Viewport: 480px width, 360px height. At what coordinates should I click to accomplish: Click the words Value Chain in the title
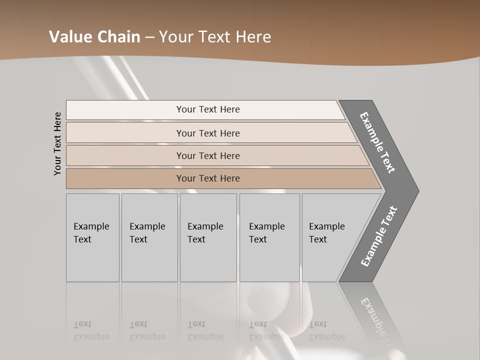coord(94,37)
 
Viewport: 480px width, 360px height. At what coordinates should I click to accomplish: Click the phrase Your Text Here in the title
coord(215,37)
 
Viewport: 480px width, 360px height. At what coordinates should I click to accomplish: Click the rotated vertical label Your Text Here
coord(57,143)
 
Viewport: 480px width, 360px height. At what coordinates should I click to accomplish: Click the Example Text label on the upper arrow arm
coord(377,142)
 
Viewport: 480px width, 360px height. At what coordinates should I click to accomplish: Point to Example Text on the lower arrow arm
coord(379,236)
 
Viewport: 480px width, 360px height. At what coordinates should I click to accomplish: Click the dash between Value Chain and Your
coord(149,37)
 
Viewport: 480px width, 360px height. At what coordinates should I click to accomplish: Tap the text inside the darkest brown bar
coord(208,178)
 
